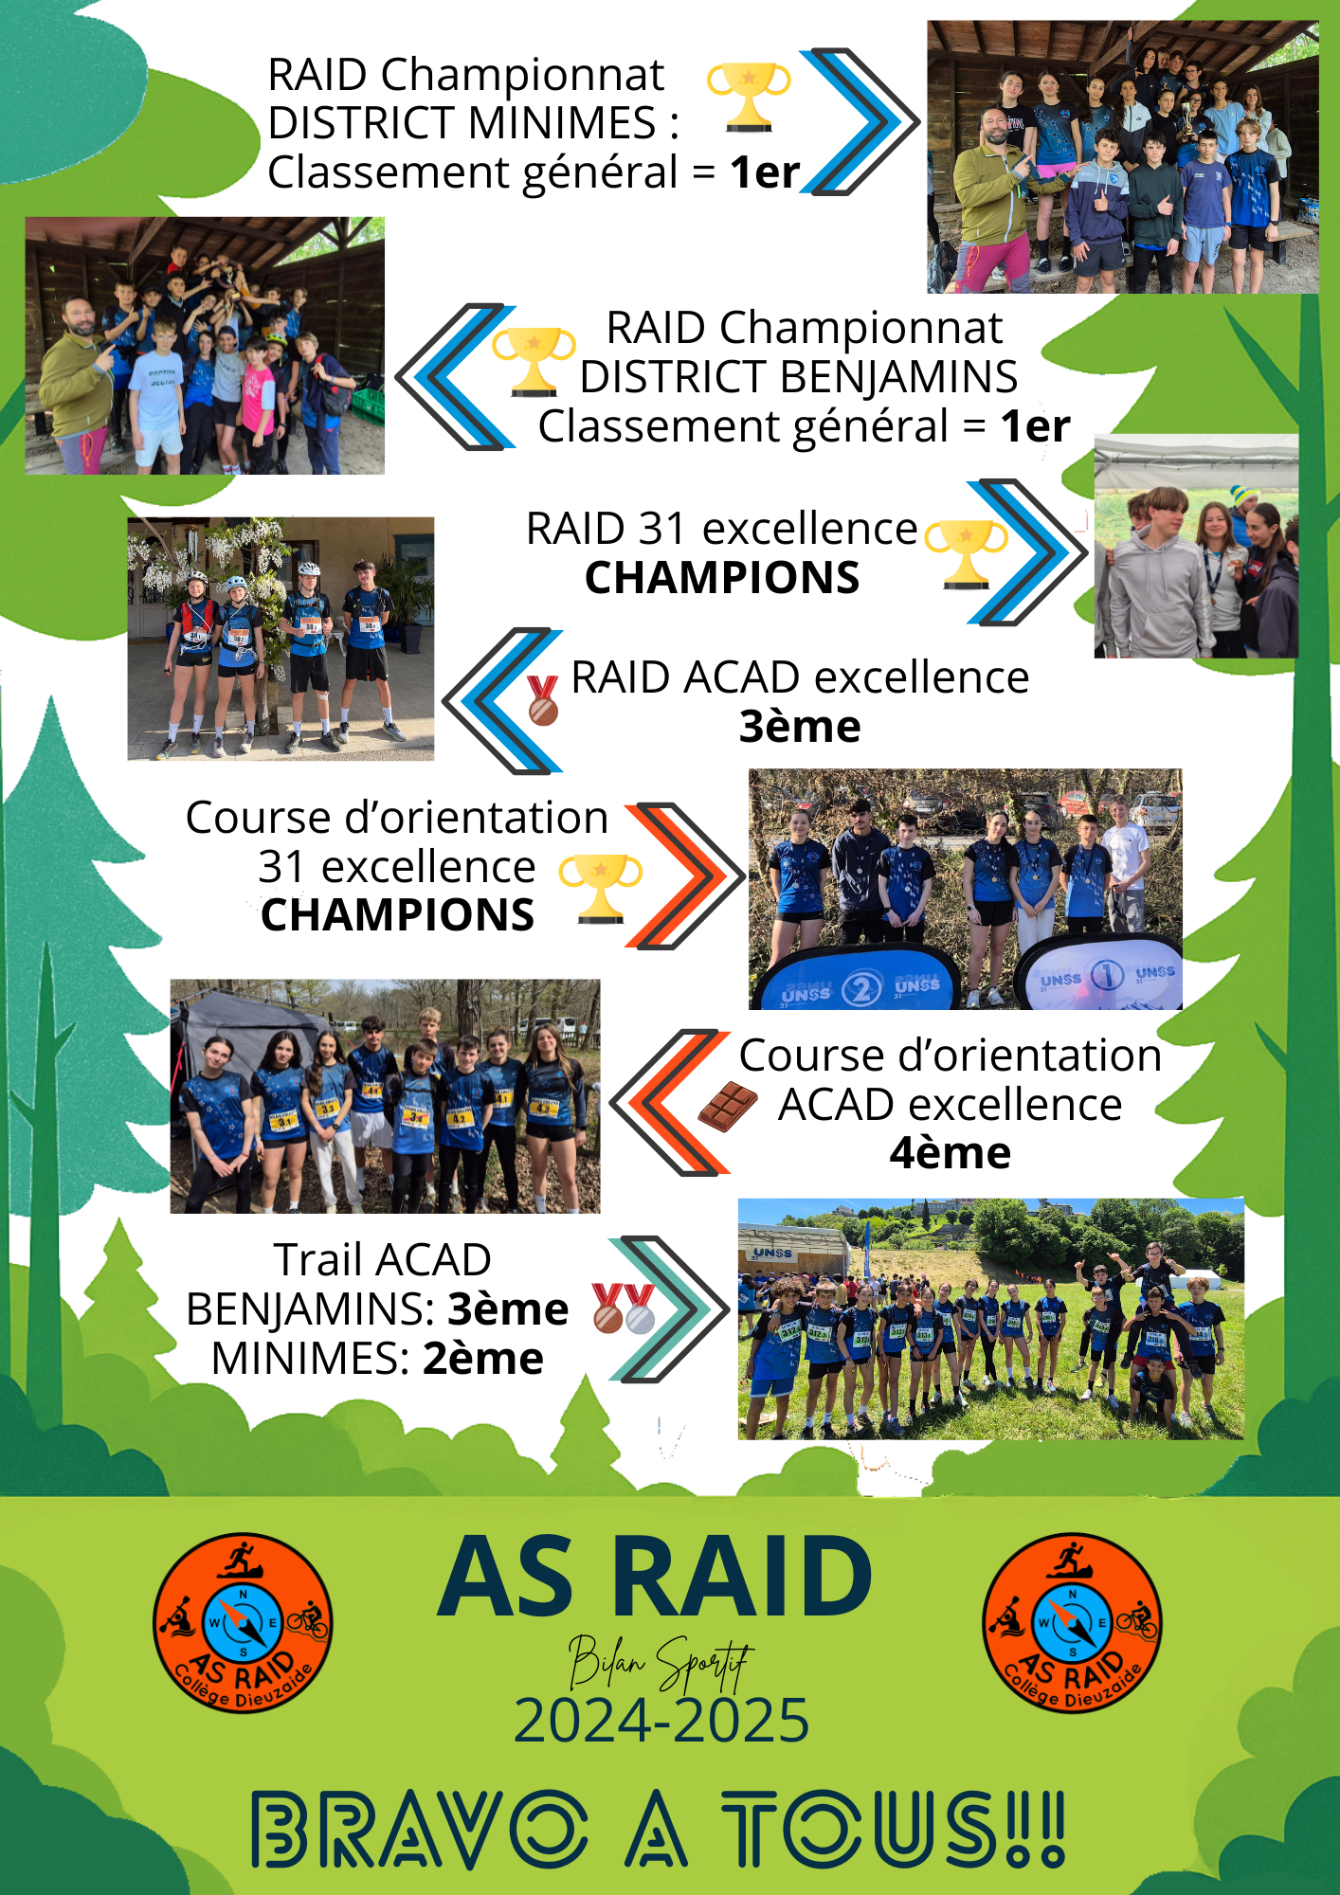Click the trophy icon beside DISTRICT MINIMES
point(749,97)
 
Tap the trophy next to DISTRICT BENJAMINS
point(534,361)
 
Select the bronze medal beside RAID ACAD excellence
point(543,700)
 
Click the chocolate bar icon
point(728,1106)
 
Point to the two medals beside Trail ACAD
point(624,1308)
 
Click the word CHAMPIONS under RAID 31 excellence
point(722,578)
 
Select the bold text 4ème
point(951,1153)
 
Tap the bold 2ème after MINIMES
point(483,1359)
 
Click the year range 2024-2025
point(661,1720)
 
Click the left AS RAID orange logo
point(243,1623)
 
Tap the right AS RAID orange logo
point(1072,1623)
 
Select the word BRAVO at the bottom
point(419,1829)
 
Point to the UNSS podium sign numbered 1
point(1105,976)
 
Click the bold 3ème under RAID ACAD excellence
point(800,727)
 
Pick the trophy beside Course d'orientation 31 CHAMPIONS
point(601,888)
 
